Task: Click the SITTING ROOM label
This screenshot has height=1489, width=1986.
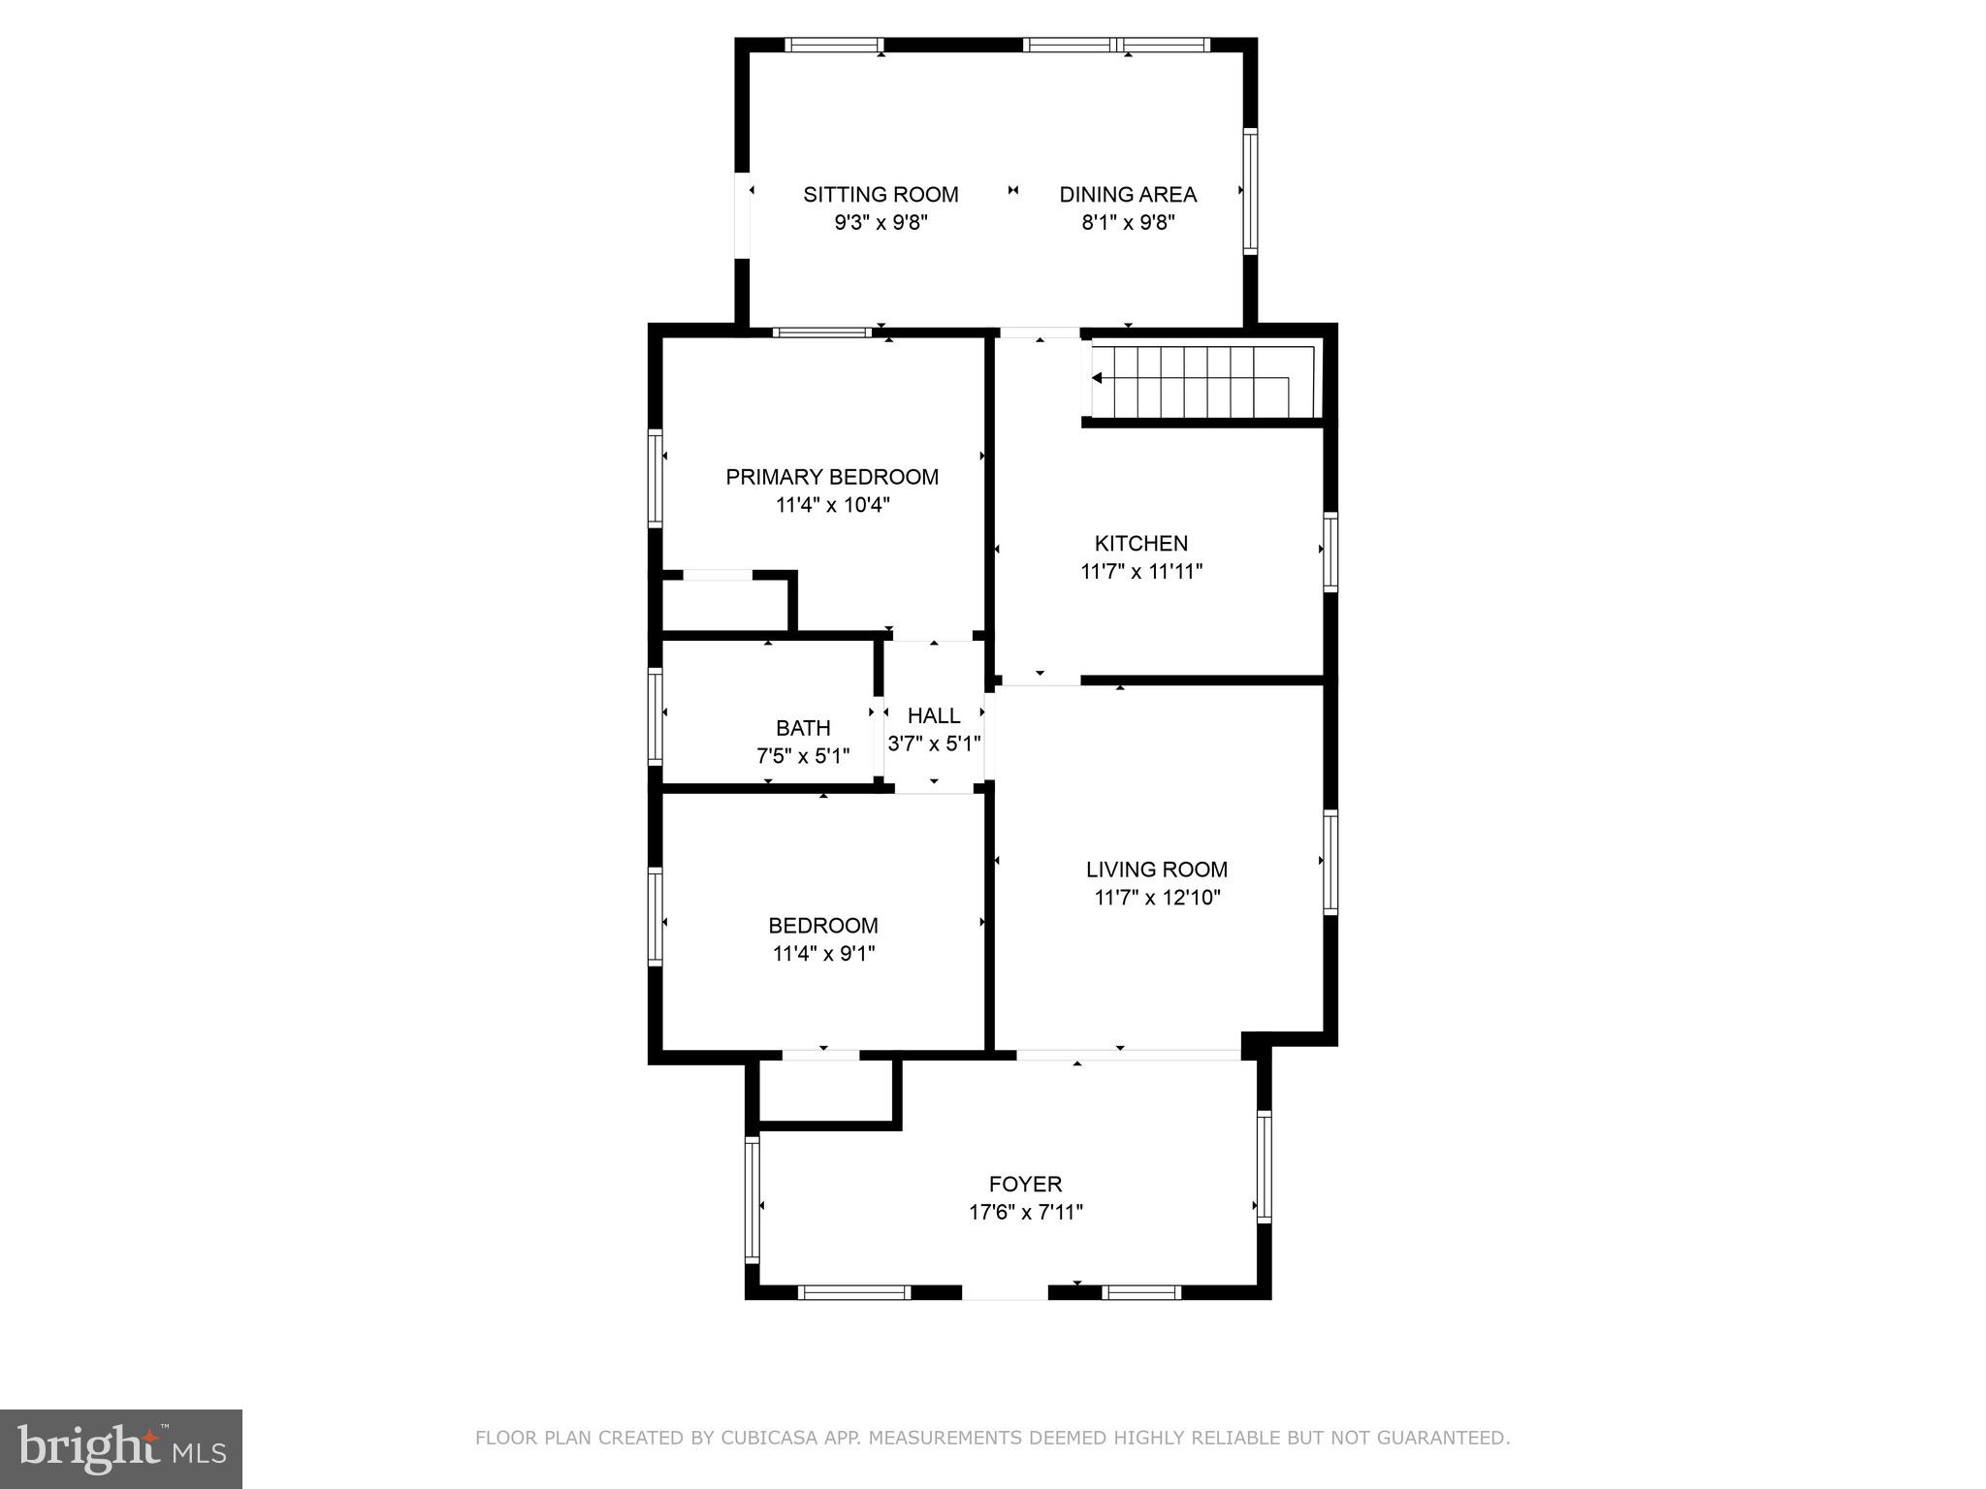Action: (881, 195)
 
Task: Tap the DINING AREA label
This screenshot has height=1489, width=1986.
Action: (1127, 195)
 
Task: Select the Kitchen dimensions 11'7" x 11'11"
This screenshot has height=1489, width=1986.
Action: (1141, 572)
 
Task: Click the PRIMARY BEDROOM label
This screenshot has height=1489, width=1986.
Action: (832, 477)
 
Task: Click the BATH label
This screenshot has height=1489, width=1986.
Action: (803, 728)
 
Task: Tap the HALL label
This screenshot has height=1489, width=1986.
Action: (934, 716)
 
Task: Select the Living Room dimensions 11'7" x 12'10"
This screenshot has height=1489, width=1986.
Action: (1157, 898)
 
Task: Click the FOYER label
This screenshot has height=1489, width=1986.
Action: (1025, 1184)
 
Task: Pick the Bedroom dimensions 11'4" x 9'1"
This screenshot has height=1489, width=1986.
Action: (823, 954)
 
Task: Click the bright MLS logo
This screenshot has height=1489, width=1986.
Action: (120, 1448)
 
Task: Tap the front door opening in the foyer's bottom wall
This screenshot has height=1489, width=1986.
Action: (1005, 1291)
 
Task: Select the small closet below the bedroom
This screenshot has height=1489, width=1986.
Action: (824, 1092)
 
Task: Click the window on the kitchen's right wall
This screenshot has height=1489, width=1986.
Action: (1330, 552)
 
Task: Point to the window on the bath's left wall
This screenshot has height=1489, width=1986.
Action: (656, 715)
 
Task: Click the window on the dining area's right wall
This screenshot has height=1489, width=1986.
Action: (1250, 191)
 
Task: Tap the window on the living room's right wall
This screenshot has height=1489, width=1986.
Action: (1330, 862)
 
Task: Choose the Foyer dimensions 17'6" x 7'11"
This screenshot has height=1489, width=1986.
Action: (1025, 1212)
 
